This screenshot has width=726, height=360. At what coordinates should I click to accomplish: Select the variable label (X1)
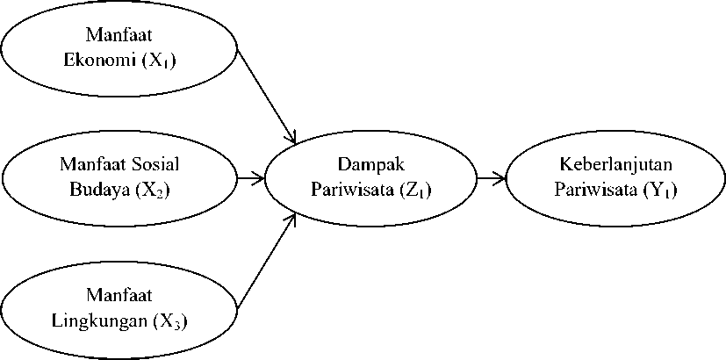coord(160,62)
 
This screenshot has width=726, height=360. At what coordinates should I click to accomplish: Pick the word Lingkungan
coord(100,321)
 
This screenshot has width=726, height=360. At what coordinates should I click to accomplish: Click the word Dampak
coord(370,165)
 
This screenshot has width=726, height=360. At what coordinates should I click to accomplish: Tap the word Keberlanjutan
coord(615,164)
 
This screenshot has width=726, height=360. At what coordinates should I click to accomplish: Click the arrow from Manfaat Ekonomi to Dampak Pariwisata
coord(266,97)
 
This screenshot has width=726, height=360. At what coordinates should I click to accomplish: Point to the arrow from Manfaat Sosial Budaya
coord(250,178)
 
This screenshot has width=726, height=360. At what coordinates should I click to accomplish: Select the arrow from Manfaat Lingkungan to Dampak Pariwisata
coord(266,261)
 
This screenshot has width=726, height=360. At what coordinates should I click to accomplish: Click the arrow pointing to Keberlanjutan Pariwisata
coord(492,178)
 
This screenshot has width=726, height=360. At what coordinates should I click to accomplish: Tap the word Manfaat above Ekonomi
coord(119,35)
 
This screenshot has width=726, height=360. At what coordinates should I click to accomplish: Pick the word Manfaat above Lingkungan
coord(119,295)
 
